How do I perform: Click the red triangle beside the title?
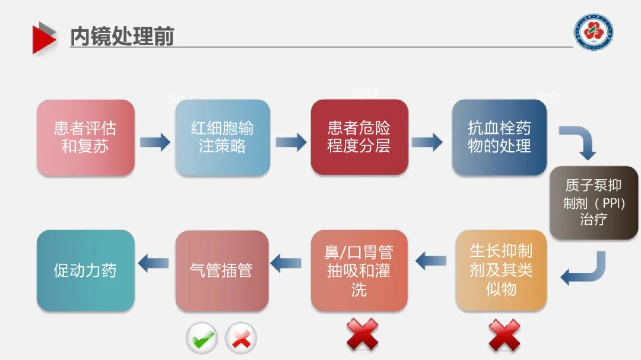pos(44,37)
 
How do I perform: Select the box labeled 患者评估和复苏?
pos(85,138)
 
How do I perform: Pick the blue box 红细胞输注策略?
pos(222,138)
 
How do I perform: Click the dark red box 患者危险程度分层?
pos(359,138)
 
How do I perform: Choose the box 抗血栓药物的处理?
pos(499,138)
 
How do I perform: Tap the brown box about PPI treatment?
pos(594,203)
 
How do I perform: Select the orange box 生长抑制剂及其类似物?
pos(501,270)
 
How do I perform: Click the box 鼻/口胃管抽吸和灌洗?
pos(359,270)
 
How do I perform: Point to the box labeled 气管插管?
pos(222,270)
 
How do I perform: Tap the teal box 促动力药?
pos(85,270)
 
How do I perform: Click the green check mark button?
pos(202,339)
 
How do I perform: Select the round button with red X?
pos(241,339)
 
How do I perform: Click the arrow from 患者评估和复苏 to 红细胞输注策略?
pos(155,142)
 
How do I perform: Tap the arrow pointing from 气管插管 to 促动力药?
pos(154,263)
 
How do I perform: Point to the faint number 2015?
pos(365,93)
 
